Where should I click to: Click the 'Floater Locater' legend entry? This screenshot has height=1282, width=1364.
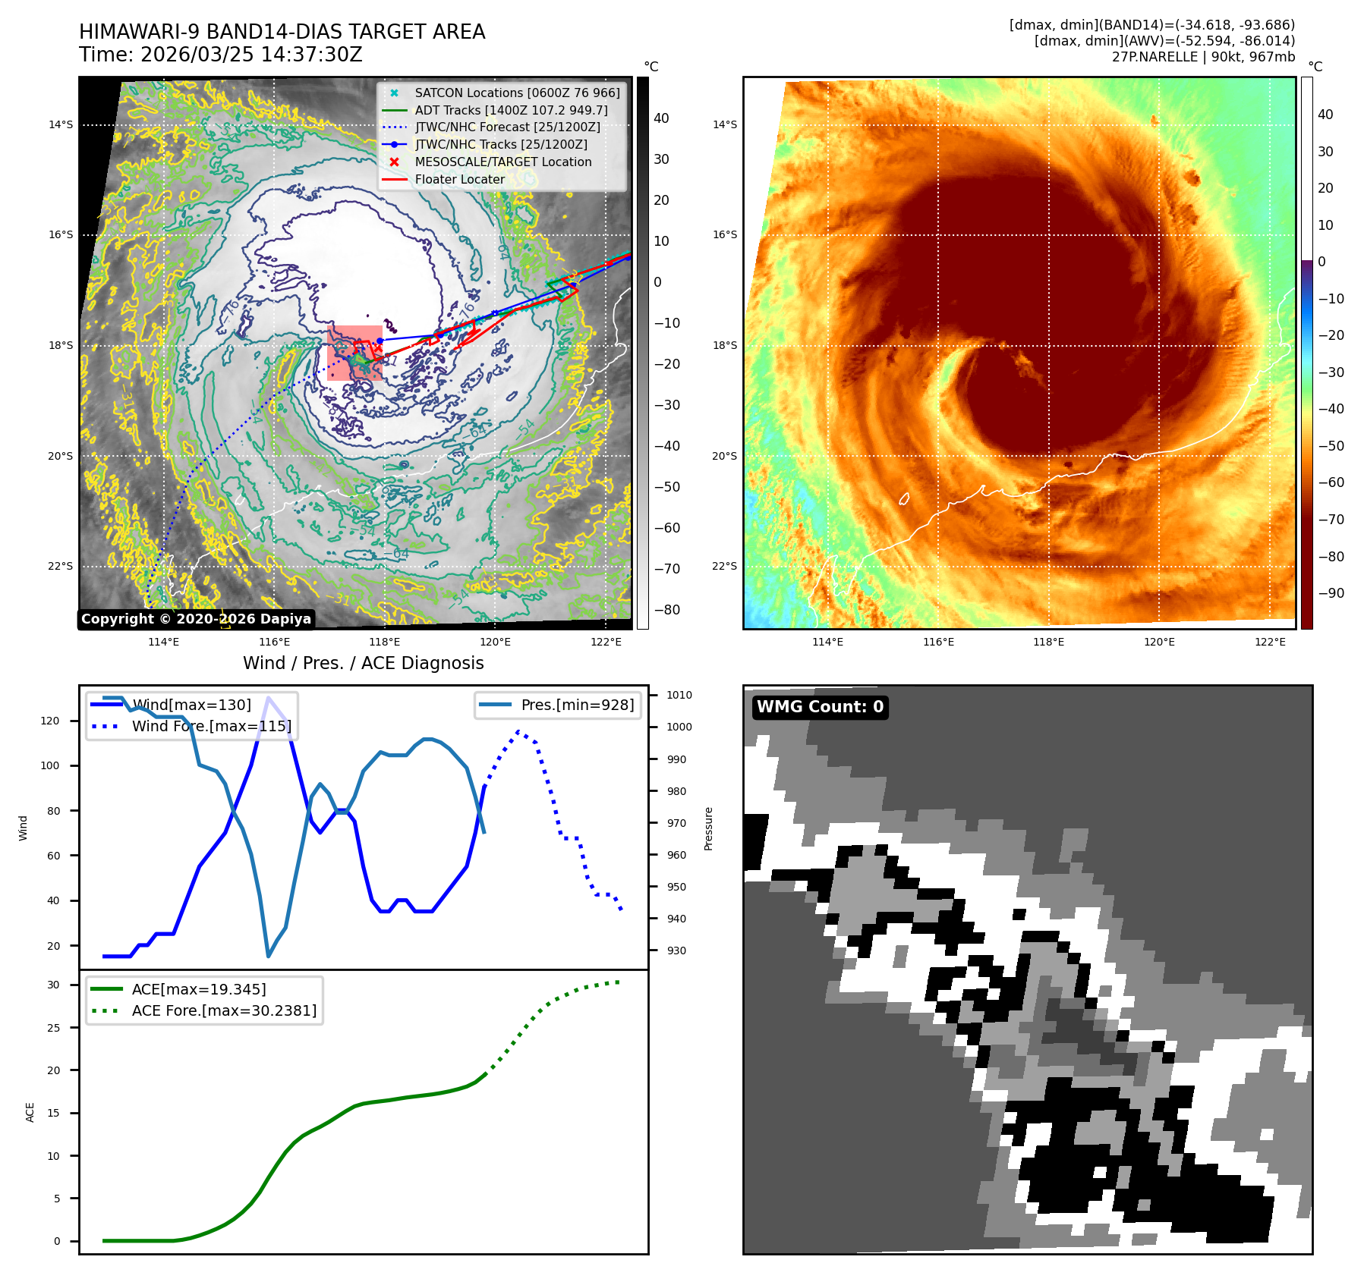tap(459, 180)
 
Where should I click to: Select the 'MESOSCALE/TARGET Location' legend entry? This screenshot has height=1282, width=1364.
tap(502, 162)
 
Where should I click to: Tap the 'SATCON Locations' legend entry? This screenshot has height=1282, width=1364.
tap(517, 93)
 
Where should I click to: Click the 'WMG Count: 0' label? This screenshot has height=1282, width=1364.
tap(820, 707)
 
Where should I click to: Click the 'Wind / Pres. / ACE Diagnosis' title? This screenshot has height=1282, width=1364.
tap(363, 663)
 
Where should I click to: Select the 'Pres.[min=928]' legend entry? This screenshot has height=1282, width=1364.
tap(577, 705)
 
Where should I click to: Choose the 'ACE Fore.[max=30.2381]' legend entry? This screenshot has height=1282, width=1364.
tap(224, 1010)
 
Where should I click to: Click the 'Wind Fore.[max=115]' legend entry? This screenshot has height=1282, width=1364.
tap(211, 726)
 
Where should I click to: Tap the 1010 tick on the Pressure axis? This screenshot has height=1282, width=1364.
tap(679, 695)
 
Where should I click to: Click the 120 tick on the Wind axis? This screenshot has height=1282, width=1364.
tap(50, 721)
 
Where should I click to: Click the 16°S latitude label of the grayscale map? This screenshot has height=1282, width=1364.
tap(61, 235)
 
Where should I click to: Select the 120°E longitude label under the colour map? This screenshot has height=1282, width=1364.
tap(1159, 642)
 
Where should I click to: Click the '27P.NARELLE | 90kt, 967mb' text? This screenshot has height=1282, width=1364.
tap(1203, 57)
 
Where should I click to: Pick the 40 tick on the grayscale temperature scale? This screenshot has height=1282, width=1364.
tap(661, 118)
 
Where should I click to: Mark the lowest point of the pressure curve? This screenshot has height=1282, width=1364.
tap(268, 956)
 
